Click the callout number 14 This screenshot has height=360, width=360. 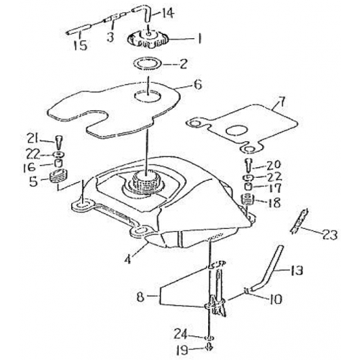coord(166,14)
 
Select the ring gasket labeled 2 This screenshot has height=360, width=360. coord(148,64)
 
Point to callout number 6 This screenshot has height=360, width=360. coord(197,85)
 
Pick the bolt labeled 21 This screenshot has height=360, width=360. coord(59,143)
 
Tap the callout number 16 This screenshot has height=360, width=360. coord(30,167)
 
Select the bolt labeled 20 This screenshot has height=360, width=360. coord(248,166)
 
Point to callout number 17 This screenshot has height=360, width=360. coord(274,188)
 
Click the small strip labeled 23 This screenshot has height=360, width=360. coord(299,221)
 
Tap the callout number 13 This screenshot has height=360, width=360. coord(297,271)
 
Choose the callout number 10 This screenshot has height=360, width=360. coord(274,299)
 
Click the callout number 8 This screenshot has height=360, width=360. coord(140,297)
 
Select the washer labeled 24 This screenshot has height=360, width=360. coord(210,338)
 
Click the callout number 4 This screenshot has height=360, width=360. coord(128,258)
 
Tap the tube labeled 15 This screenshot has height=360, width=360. coord(78,32)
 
